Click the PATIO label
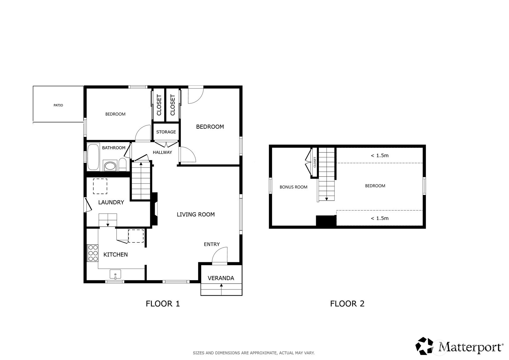58,105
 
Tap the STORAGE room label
166,132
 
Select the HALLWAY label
162,152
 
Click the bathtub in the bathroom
93,156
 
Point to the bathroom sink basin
110,166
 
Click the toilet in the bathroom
122,165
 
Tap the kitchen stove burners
93,253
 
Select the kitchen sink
115,274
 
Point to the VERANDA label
221,278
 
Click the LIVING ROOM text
196,214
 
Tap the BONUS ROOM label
293,187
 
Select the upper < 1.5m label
380,156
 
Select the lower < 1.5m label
380,218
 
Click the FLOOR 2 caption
347,304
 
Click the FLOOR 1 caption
163,304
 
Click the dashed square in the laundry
100,186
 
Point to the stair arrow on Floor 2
326,198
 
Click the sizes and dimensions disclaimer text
253,353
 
